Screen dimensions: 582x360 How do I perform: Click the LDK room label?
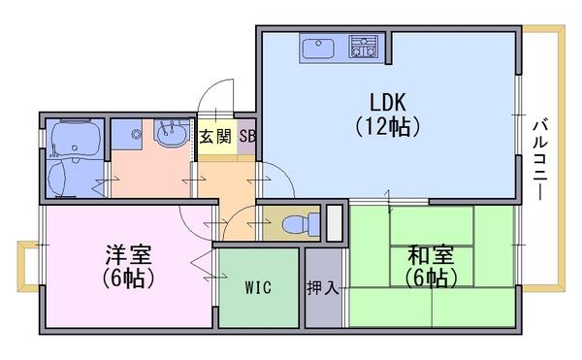(388, 102)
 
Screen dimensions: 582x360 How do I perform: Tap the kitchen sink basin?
(318, 49)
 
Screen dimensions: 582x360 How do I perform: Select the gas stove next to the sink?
(364, 47)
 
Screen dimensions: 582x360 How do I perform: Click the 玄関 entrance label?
(215, 137)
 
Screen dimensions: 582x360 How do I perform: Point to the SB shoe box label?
(247, 136)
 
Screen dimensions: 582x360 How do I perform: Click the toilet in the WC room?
(301, 224)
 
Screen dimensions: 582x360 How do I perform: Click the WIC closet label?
(258, 287)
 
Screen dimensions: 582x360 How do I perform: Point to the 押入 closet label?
(323, 287)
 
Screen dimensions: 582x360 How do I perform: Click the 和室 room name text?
(431, 255)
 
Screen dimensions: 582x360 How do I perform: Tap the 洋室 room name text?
(128, 254)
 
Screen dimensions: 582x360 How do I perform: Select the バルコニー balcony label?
(540, 159)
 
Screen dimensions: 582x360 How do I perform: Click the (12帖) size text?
(388, 127)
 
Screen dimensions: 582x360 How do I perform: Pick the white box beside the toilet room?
(335, 222)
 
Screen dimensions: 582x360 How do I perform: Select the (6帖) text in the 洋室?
(128, 278)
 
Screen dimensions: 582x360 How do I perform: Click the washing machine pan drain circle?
(137, 134)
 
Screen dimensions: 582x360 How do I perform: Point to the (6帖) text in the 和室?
(431, 278)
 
